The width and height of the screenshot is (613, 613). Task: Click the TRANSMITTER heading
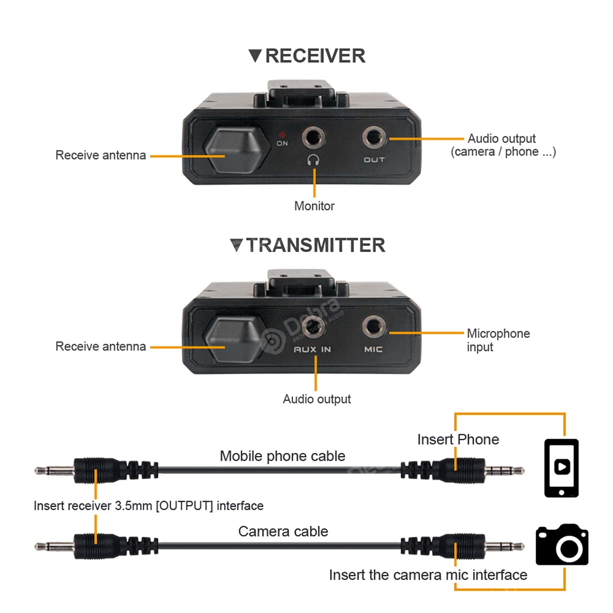pyautogui.click(x=315, y=245)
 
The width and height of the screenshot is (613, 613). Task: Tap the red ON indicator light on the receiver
pyautogui.click(x=282, y=135)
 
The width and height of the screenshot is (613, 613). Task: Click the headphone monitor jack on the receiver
pyautogui.click(x=313, y=137)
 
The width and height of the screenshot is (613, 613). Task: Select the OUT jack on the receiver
pyautogui.click(x=374, y=137)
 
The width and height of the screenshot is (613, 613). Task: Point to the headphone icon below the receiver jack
pyautogui.click(x=313, y=160)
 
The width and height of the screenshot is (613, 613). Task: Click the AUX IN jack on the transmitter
pyautogui.click(x=313, y=327)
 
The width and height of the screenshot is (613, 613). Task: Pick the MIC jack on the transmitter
pyautogui.click(x=374, y=327)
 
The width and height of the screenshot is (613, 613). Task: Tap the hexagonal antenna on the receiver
pyautogui.click(x=234, y=150)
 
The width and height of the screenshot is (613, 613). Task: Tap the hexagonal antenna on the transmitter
pyautogui.click(x=234, y=339)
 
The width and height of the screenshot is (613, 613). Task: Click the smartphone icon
pyautogui.click(x=561, y=468)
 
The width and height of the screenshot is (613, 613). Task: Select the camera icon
pyautogui.click(x=562, y=545)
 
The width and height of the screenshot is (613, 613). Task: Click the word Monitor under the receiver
pyautogui.click(x=314, y=206)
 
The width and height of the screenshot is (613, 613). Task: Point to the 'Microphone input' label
pyautogui.click(x=498, y=340)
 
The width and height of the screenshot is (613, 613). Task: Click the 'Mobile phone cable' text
pyautogui.click(x=282, y=456)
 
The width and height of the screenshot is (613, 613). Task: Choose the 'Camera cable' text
pyautogui.click(x=283, y=531)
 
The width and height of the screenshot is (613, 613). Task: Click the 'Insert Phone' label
pyautogui.click(x=458, y=439)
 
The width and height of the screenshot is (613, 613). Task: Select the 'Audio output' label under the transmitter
pyautogui.click(x=316, y=399)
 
